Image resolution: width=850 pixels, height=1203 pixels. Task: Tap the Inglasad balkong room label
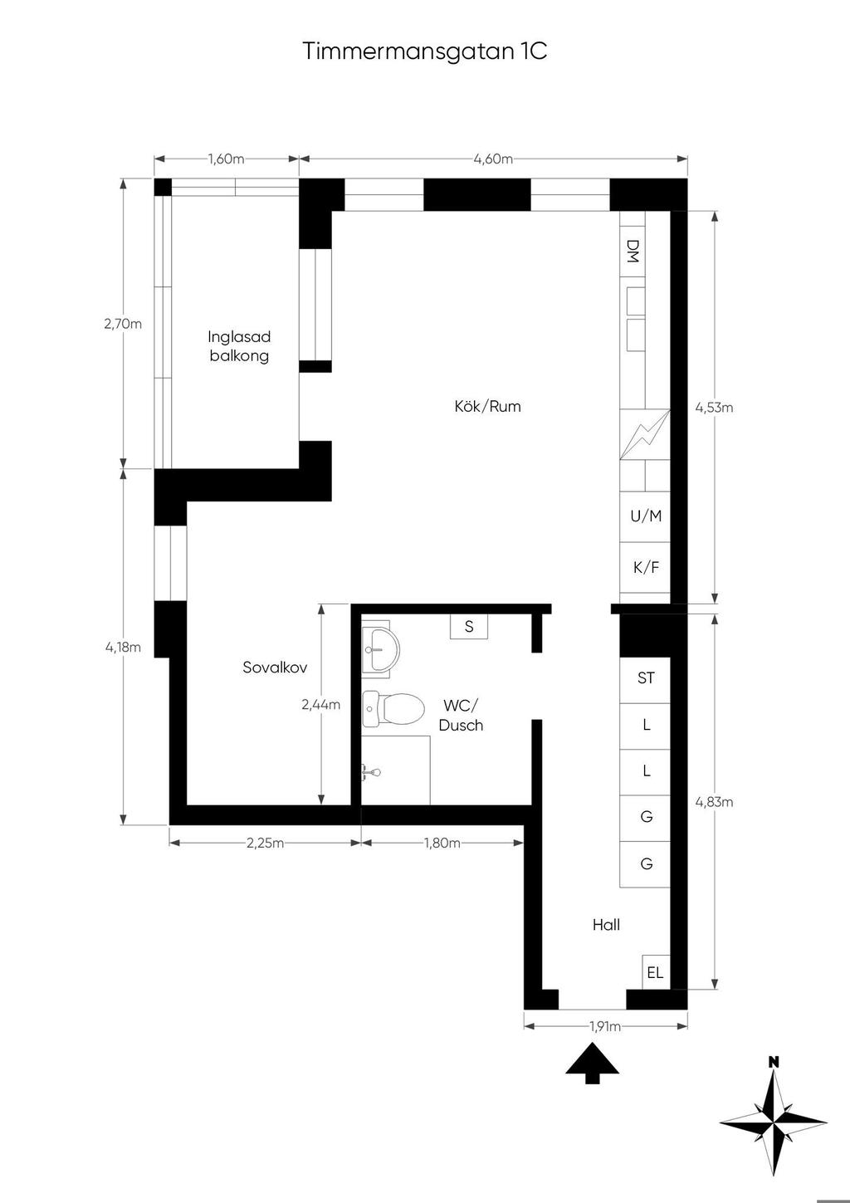(239, 346)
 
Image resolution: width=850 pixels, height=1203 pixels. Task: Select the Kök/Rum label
(487, 406)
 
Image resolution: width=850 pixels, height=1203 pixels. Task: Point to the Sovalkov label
(275, 667)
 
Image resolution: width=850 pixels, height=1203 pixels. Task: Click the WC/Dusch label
(461, 715)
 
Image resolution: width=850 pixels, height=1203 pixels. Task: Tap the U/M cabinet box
(646, 516)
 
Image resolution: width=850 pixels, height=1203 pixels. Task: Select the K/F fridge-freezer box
(646, 568)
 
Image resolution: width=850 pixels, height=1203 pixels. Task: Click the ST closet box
(646, 680)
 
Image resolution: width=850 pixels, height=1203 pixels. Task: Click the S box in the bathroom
(469, 626)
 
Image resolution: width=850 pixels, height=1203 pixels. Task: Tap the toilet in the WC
(393, 709)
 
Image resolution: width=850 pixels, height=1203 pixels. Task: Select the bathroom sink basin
(380, 649)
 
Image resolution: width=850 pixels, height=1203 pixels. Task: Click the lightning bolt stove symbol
(646, 434)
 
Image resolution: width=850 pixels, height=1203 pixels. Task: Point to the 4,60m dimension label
(493, 159)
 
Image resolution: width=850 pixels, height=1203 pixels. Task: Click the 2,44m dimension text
(321, 704)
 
